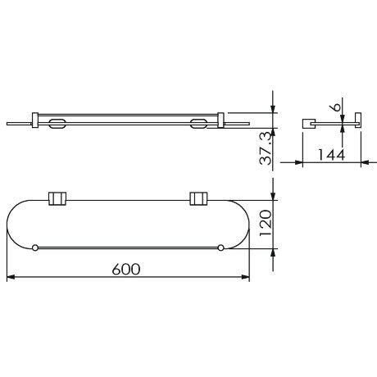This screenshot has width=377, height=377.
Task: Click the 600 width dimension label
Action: pyautogui.click(x=126, y=269)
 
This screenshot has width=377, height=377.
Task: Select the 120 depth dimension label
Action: pyautogui.click(x=266, y=223)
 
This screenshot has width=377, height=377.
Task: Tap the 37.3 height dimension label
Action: pyautogui.click(x=266, y=149)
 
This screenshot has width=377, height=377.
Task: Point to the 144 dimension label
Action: pyautogui.click(x=332, y=155)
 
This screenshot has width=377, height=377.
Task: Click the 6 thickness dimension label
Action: pyautogui.click(x=337, y=107)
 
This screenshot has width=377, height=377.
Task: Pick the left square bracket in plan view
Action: pyautogui.click(x=57, y=198)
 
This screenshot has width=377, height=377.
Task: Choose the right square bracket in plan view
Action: pyautogui.click(x=198, y=198)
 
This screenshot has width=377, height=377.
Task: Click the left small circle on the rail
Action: pyautogui.click(x=35, y=248)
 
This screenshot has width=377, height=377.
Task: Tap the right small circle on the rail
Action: pyautogui.click(x=220, y=248)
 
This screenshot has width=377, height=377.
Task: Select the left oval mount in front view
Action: pyautogui.click(x=57, y=124)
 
